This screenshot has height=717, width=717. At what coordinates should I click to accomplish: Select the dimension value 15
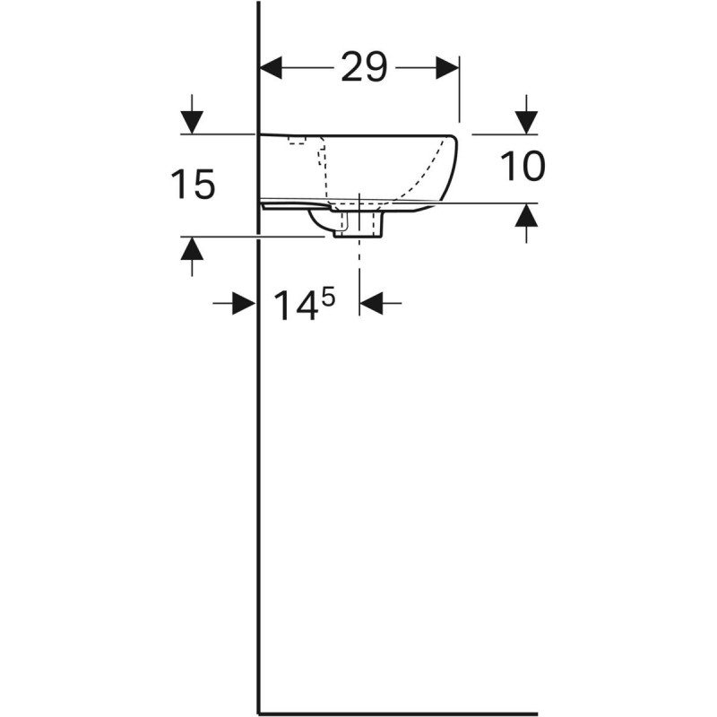(x=193, y=186)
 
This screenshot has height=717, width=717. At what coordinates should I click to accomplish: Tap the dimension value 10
(x=522, y=167)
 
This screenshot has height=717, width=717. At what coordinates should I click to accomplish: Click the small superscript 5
(x=328, y=295)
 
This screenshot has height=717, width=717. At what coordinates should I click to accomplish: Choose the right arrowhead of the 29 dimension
(x=447, y=67)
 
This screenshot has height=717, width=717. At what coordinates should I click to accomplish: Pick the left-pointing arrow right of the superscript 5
(x=372, y=304)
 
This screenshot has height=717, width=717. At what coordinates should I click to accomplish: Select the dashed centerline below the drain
(x=359, y=264)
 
